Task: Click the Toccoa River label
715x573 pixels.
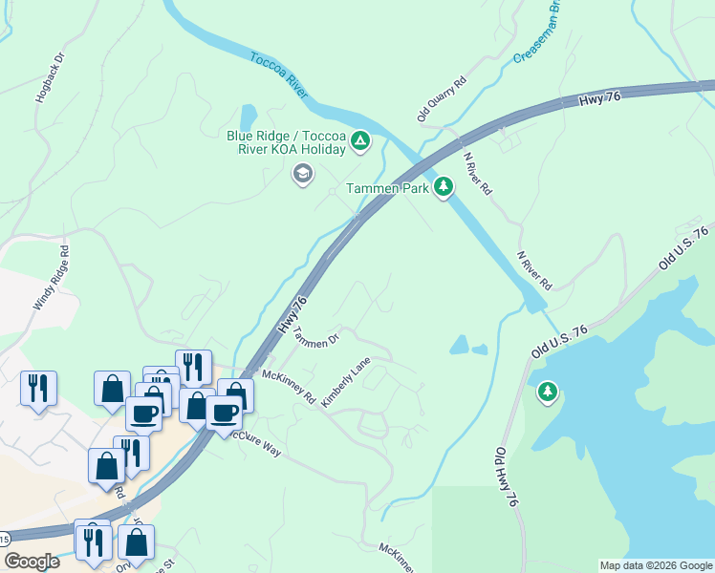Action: pyautogui.click(x=278, y=74)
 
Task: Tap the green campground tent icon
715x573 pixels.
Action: pyautogui.click(x=359, y=142)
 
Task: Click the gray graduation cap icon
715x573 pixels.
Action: pyautogui.click(x=303, y=175)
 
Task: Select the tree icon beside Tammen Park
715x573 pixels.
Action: pyautogui.click(x=443, y=186)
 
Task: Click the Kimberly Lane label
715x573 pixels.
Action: pyautogui.click(x=345, y=383)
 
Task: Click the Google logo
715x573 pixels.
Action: pyautogui.click(x=32, y=562)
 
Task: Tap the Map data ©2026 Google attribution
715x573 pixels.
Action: pyautogui.click(x=655, y=564)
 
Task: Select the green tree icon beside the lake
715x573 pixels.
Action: pyautogui.click(x=547, y=392)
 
